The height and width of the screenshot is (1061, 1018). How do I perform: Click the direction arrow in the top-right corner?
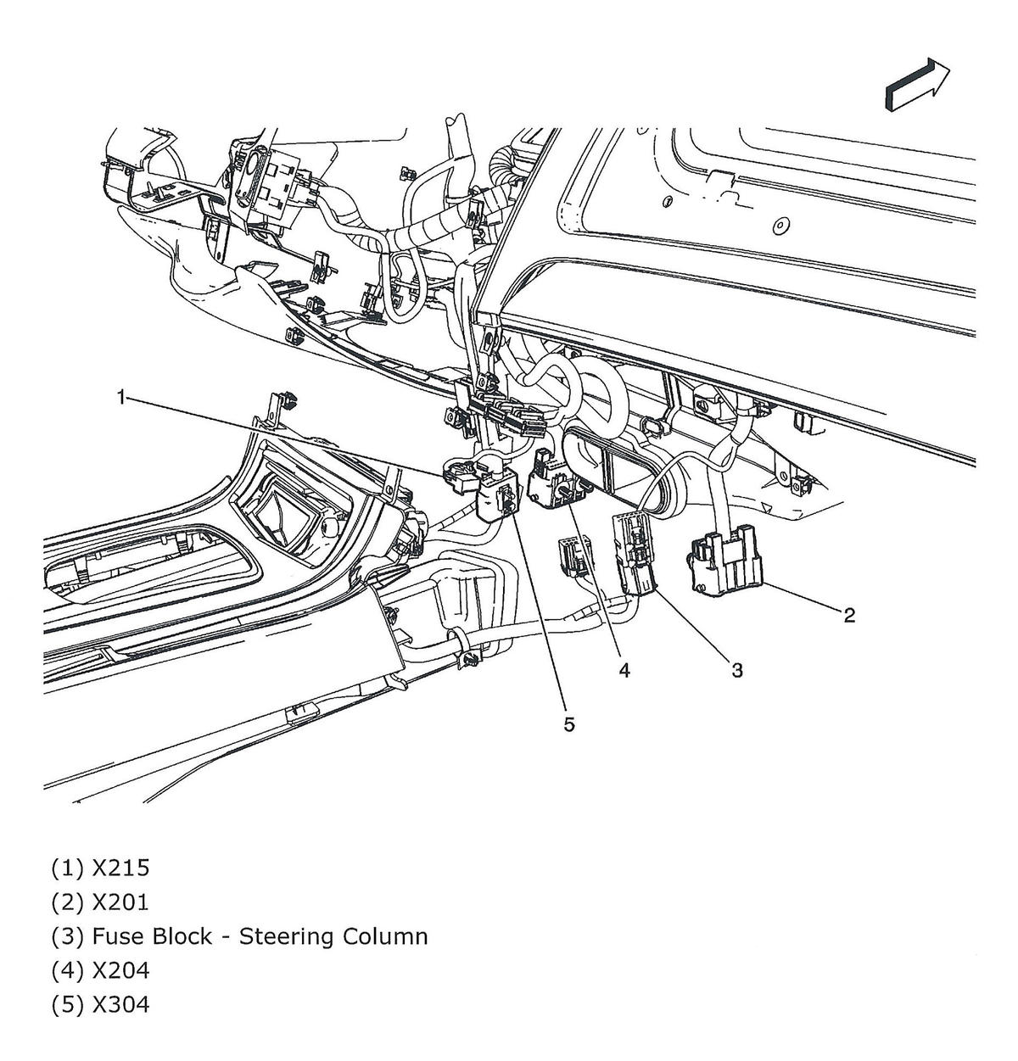tap(917, 84)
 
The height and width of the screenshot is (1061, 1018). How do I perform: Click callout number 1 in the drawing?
tap(122, 396)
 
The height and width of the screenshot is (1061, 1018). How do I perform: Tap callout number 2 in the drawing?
tap(848, 615)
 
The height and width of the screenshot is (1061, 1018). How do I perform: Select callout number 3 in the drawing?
tap(737, 670)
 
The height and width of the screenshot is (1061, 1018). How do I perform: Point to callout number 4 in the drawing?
tap(624, 670)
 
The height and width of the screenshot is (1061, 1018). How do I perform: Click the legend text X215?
tap(120, 868)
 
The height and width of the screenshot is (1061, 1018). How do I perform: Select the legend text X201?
tap(120, 902)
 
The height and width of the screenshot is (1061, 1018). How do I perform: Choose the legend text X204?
tap(120, 970)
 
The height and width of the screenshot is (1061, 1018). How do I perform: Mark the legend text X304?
tap(120, 1004)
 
